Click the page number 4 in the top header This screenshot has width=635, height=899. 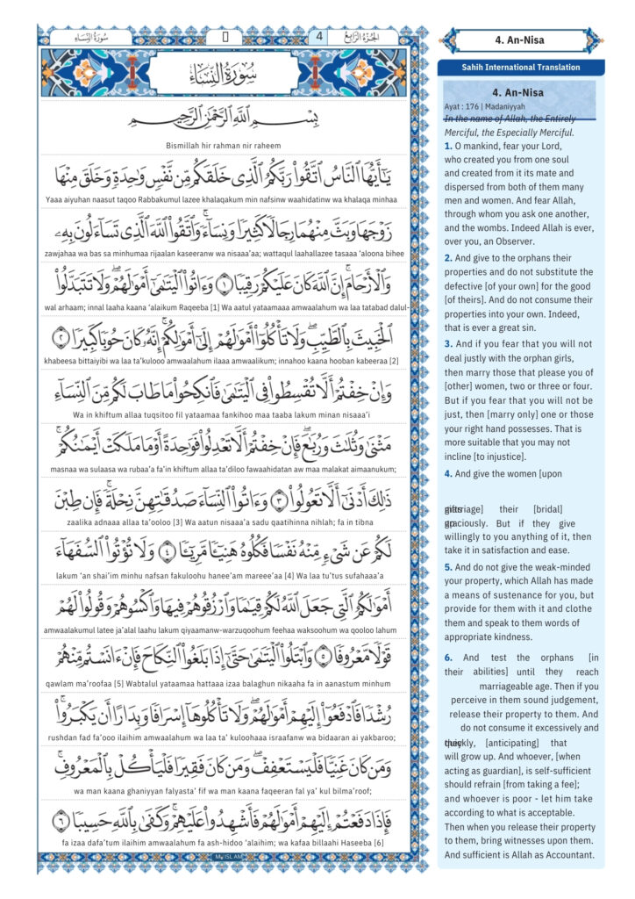(x=318, y=36)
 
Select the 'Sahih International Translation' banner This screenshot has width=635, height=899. (x=521, y=68)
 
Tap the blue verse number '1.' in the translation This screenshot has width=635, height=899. (x=448, y=146)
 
